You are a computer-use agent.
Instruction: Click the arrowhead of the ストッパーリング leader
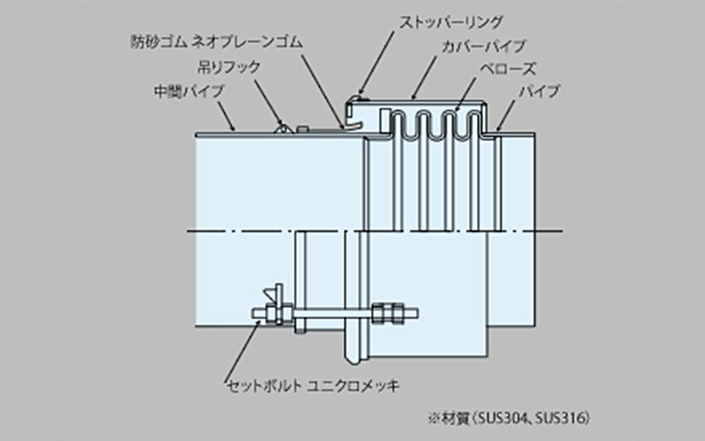358,94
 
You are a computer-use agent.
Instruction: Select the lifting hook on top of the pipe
285,128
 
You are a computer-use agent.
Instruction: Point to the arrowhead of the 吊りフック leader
284,123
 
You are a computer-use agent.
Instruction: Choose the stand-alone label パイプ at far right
538,91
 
